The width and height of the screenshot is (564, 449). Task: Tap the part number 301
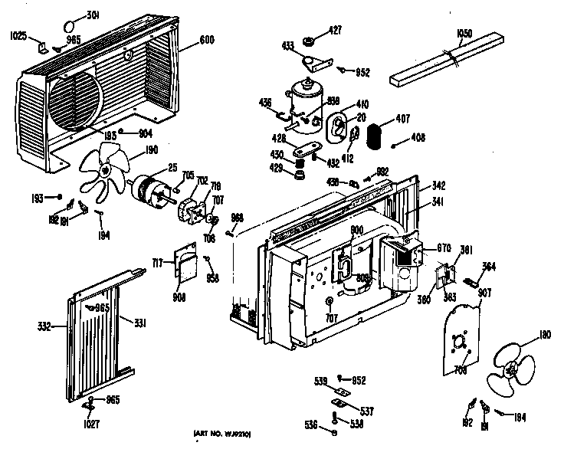[x=93, y=15]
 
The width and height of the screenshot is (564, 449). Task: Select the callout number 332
[x=44, y=326]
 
